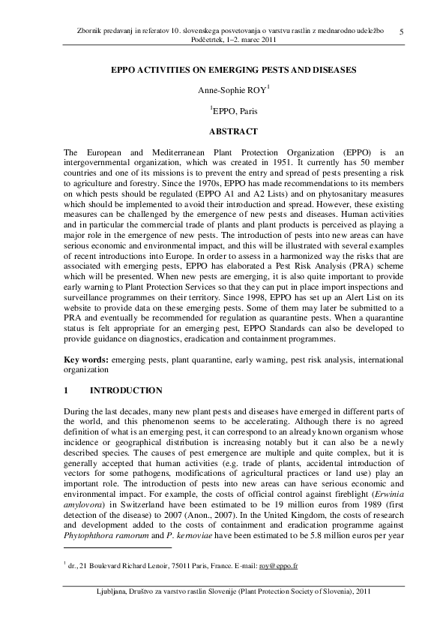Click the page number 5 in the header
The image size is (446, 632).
pos(403,31)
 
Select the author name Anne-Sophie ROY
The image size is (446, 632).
pos(220,90)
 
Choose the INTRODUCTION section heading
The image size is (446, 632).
pos(126,390)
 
